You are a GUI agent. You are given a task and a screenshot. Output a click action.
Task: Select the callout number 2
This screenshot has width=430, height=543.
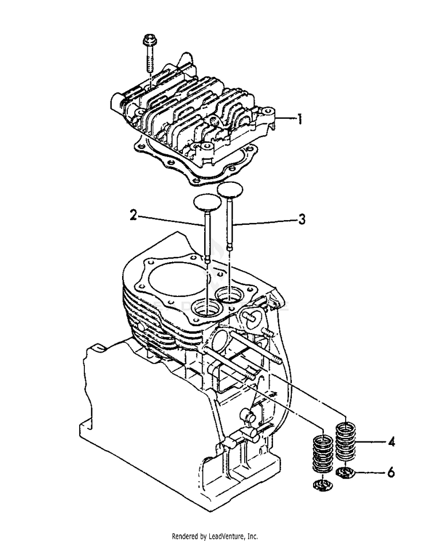coord(133,216)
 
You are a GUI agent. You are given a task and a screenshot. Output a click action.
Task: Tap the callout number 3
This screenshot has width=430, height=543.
coord(302,218)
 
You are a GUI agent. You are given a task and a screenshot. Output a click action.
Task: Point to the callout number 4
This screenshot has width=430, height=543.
coord(392,442)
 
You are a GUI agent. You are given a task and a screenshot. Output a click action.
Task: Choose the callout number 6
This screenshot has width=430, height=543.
coord(392,473)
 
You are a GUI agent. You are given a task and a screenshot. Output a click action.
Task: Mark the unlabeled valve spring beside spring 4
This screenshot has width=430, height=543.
coord(323,454)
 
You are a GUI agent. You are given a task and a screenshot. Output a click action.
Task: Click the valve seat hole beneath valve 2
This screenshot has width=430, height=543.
coord(208,308)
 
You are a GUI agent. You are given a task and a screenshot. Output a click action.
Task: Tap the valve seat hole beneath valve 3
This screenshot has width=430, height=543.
coord(231,296)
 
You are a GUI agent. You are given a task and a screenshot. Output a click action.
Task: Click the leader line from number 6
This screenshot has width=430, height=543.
coord(370,473)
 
